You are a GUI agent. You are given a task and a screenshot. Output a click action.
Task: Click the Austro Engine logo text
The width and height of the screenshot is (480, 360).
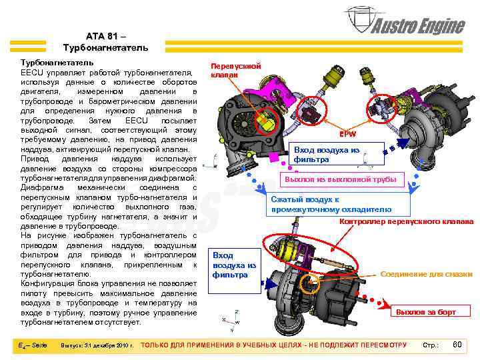click(418, 26)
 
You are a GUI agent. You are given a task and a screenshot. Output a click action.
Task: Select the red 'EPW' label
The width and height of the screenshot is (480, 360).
click(347, 133)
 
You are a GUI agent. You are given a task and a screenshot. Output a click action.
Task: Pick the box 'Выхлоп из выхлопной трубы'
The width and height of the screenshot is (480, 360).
click(341, 179)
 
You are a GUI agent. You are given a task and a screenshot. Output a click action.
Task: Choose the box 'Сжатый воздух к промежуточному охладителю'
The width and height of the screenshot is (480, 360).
click(331, 205)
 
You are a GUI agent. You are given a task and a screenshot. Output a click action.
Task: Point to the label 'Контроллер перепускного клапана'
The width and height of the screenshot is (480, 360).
click(407, 221)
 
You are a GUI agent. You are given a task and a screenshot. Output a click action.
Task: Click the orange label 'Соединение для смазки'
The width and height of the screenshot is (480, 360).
click(426, 274)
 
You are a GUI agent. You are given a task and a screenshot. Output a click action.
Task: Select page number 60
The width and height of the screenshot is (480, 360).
click(457, 344)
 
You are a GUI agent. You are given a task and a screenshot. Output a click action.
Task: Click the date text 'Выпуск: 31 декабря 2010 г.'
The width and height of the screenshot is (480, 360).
click(97, 345)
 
